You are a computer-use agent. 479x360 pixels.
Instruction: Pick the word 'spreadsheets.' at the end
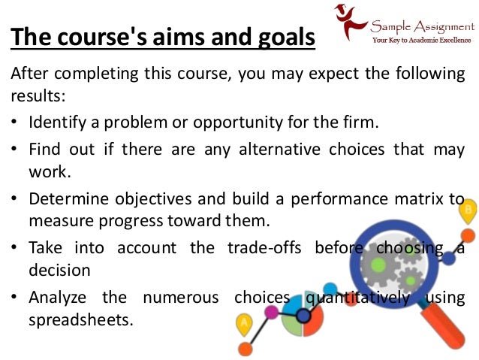(x=81, y=319)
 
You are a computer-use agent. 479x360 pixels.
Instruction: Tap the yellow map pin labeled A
(x=243, y=325)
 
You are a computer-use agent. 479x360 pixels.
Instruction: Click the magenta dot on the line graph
(x=272, y=310)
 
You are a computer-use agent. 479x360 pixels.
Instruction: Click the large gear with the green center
(x=379, y=265)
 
